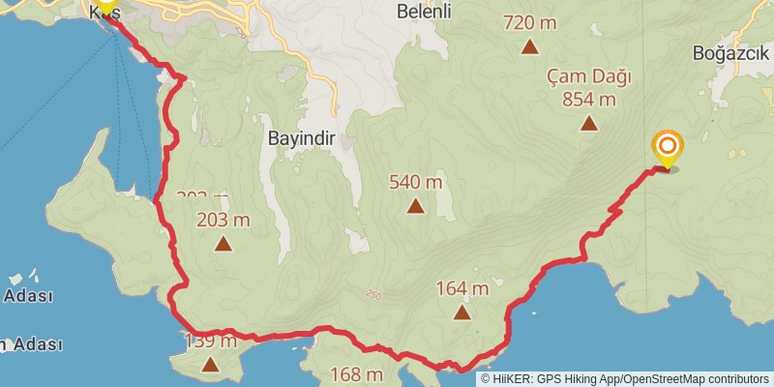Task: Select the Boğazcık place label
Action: [729, 54]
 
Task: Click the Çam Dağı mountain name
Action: [588, 75]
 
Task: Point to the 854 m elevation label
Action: [588, 99]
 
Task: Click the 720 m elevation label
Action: [530, 21]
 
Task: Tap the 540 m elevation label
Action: [415, 181]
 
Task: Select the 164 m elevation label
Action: [461, 287]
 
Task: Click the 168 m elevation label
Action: [357, 374]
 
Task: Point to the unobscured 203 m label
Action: [223, 220]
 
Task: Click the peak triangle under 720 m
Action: [530, 45]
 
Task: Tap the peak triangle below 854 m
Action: [588, 123]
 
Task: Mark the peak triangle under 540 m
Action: [415, 205]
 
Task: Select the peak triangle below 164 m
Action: [461, 312]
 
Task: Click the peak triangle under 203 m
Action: [223, 244]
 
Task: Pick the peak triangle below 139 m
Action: [211, 364]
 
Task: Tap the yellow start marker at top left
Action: [104, 6]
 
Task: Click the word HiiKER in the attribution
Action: [514, 378]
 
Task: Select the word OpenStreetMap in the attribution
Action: [668, 378]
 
